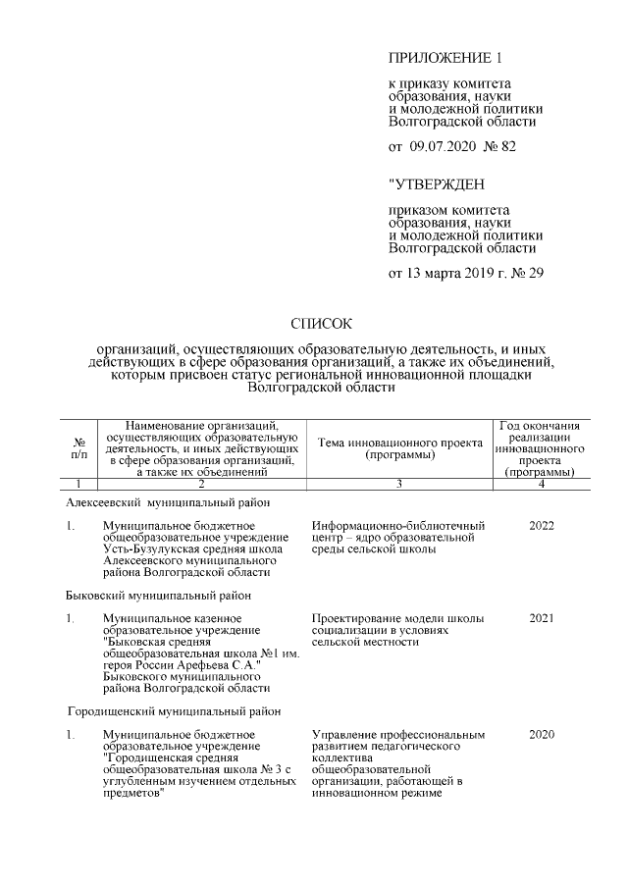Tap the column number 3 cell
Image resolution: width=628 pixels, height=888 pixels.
(x=398, y=484)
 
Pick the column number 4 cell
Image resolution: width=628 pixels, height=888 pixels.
(x=541, y=484)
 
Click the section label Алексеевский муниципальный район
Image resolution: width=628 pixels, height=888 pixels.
(x=168, y=502)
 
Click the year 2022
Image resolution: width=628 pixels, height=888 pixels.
(x=541, y=526)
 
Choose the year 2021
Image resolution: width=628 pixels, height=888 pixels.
(x=541, y=618)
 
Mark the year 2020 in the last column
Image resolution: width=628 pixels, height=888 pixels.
(x=541, y=734)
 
